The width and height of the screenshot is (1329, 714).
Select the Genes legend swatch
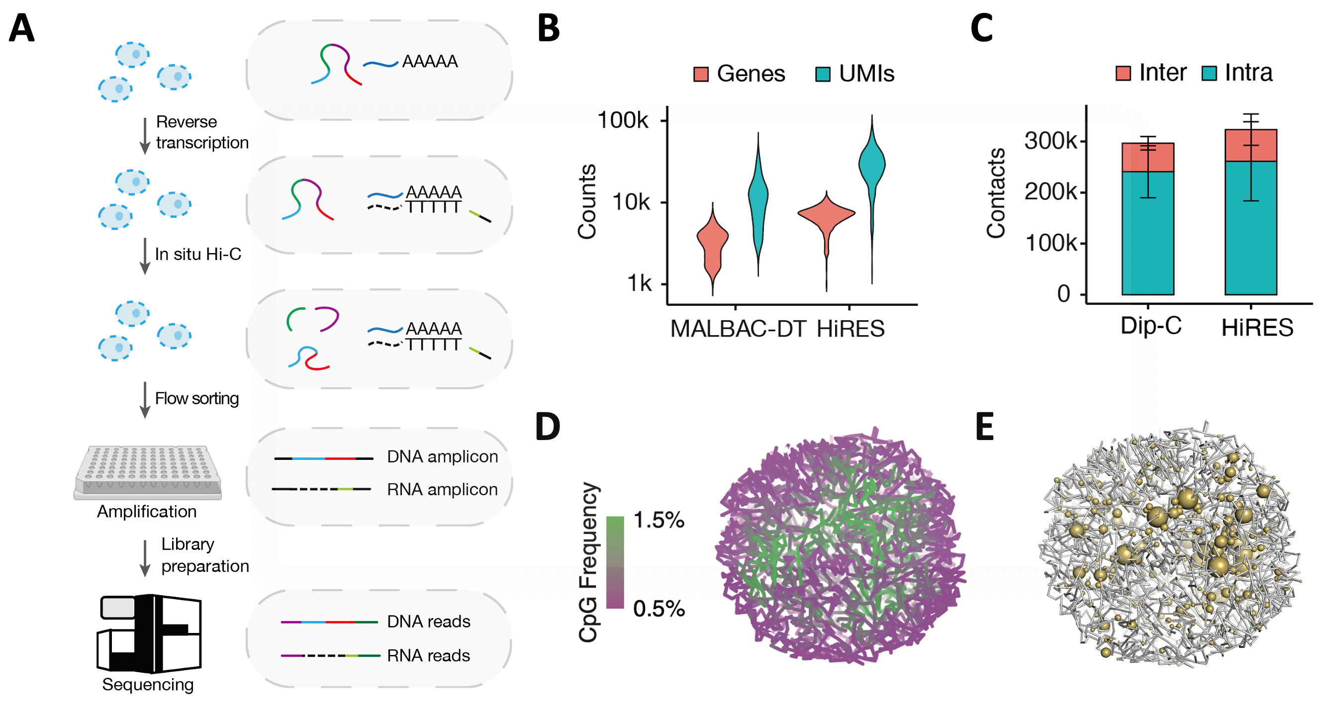click(701, 74)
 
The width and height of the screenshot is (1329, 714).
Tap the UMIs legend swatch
click(822, 74)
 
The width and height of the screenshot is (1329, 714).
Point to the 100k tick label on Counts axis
click(622, 120)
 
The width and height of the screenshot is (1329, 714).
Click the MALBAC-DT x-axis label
click(738, 329)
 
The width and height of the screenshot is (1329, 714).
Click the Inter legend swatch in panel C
click(1123, 73)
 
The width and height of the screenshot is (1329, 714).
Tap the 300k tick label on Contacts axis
click(1050, 141)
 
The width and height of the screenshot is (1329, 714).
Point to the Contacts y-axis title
click(996, 193)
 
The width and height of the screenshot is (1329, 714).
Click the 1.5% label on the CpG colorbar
click(659, 520)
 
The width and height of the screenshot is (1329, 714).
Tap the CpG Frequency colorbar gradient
click(614, 562)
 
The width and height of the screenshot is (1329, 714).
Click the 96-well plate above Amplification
click(148, 471)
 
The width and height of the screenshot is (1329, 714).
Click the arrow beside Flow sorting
click(145, 400)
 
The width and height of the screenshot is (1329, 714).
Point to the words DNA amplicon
click(442, 456)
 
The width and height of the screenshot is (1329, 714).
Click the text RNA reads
click(428, 655)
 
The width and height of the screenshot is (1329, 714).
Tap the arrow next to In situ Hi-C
click(145, 256)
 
